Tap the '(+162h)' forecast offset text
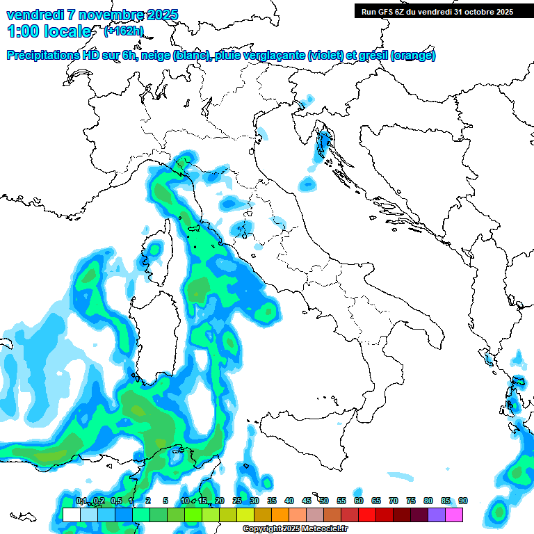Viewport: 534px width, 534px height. (x=123, y=31)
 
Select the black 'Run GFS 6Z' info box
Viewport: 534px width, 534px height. (x=437, y=11)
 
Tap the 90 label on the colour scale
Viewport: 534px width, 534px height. (x=463, y=501)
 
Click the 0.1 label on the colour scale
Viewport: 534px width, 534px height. (x=81, y=501)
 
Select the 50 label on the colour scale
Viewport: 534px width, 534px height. (x=324, y=501)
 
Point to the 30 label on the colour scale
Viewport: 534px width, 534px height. (x=254, y=501)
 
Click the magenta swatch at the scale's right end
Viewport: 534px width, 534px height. (x=454, y=515)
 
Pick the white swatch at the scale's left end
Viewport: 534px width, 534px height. (x=71, y=515)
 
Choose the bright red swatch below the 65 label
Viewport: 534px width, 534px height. (x=367, y=515)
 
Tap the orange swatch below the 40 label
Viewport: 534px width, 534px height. (x=280, y=515)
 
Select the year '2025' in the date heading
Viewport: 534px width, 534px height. (x=162, y=15)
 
